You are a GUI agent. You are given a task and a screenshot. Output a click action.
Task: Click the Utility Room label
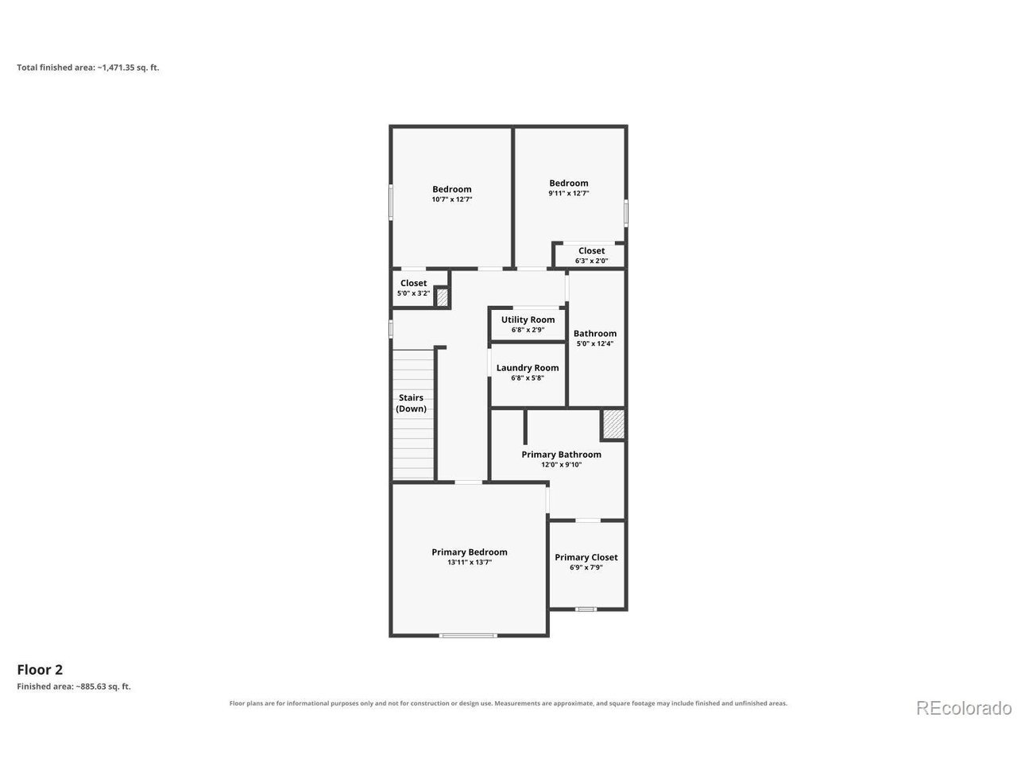(x=528, y=320)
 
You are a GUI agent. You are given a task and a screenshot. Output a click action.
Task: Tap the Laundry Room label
(x=528, y=368)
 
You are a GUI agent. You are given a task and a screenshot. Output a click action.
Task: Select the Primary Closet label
(x=586, y=557)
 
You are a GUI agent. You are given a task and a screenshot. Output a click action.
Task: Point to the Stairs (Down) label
(x=411, y=403)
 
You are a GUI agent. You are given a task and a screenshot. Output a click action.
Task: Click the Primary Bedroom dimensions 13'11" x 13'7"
(x=470, y=563)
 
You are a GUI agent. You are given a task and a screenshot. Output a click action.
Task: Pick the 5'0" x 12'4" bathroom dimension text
(x=595, y=343)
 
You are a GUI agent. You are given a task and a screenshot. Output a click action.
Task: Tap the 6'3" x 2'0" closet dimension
(x=592, y=261)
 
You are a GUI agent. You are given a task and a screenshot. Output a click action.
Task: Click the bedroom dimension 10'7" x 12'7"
(x=452, y=199)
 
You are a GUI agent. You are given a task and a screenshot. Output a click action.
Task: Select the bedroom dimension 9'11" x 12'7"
(x=569, y=194)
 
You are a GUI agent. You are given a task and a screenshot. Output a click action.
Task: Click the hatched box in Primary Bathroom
(x=613, y=424)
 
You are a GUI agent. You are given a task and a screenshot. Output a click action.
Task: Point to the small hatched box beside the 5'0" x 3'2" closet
(x=442, y=297)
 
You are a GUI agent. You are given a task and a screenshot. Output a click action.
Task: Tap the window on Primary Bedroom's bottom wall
(x=468, y=636)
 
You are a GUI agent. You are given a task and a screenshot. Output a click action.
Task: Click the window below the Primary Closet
(x=586, y=609)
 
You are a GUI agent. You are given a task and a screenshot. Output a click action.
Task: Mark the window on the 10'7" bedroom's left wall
(x=391, y=202)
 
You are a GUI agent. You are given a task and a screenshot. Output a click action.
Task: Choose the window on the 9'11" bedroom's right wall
(x=626, y=213)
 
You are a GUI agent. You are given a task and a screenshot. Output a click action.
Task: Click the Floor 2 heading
(x=40, y=670)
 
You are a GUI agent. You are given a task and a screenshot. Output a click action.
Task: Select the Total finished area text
(x=88, y=68)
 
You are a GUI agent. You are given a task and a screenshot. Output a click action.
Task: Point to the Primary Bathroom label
(x=561, y=455)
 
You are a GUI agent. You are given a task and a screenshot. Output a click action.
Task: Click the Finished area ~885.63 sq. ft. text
(x=74, y=687)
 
